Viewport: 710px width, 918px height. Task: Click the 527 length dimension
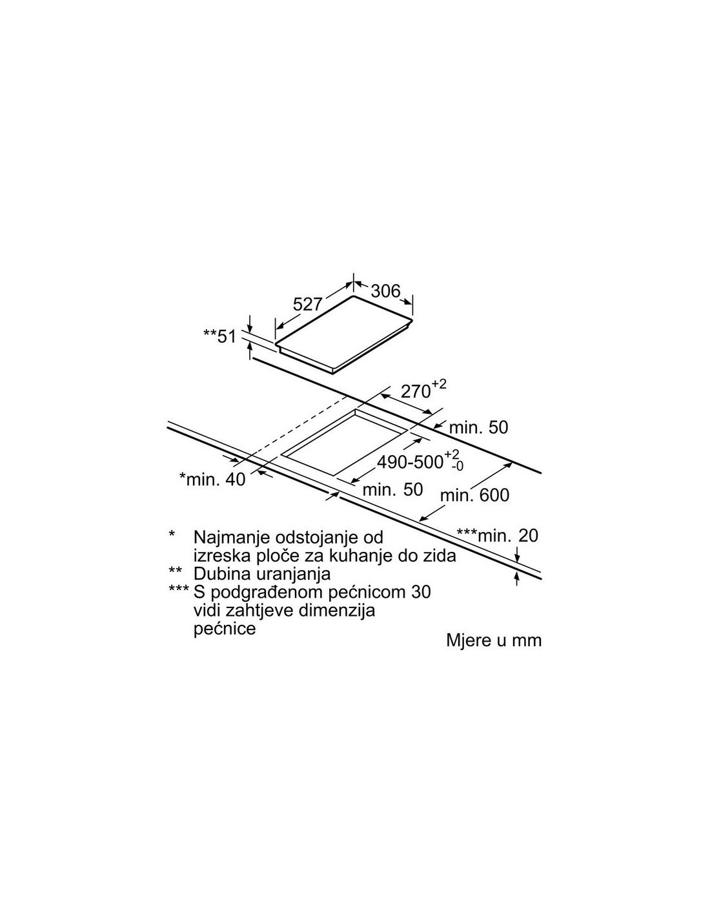click(x=308, y=304)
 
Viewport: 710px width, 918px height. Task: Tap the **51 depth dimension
click(x=219, y=337)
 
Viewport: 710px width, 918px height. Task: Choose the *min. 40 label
click(x=212, y=479)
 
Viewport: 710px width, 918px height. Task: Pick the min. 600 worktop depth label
click(x=475, y=495)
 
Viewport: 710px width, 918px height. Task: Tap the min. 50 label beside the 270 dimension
click(x=478, y=427)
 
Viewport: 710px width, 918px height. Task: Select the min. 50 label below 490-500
click(x=393, y=489)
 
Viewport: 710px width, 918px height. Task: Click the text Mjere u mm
click(x=494, y=640)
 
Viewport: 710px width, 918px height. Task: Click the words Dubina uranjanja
click(x=262, y=574)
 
